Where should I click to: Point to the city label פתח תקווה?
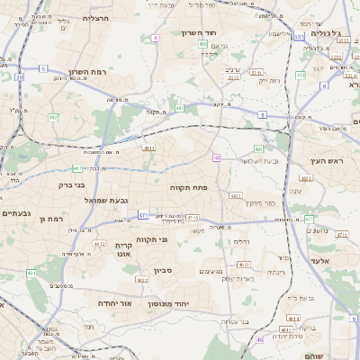(188, 187)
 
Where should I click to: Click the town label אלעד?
(320, 261)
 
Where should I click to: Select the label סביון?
(163, 270)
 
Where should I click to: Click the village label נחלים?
(241, 241)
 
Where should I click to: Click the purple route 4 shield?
(155, 38)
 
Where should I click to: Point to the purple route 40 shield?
(217, 157)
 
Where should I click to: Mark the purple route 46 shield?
(260, 340)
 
